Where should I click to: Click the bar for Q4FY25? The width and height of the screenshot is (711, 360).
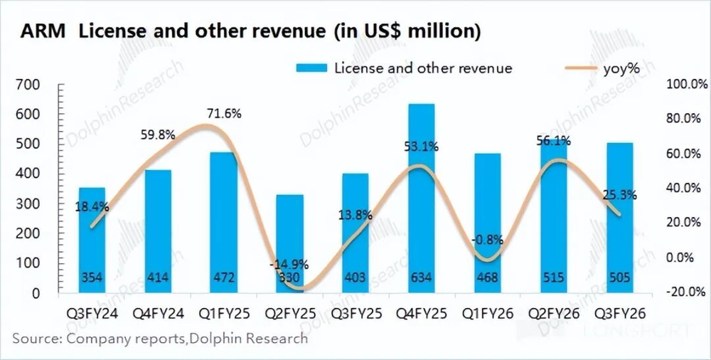[x=421, y=199]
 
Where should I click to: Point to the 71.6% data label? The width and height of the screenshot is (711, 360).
[x=224, y=113]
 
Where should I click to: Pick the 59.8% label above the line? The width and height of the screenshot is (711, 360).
[x=158, y=134]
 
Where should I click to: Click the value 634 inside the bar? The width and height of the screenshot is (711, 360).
[x=421, y=277]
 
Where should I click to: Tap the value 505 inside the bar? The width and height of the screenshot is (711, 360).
[x=619, y=277]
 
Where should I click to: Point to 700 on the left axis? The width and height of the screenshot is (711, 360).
[x=45, y=85]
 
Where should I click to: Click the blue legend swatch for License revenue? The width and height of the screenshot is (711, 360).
[x=311, y=68]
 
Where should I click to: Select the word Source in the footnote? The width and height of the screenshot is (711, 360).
[x=36, y=338]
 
